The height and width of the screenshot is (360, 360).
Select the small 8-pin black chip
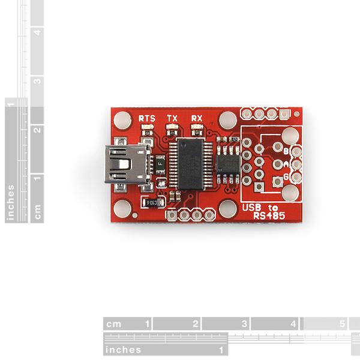click(228, 163)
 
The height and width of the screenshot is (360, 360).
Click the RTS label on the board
click(146, 118)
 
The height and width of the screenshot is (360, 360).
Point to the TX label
click(172, 118)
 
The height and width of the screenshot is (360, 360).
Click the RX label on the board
click(196, 118)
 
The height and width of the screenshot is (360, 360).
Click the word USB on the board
click(250, 207)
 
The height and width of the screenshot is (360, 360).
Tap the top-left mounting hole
click(123, 121)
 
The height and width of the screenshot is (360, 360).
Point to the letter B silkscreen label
click(286, 151)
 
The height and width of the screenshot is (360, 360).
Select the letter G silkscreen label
click(286, 176)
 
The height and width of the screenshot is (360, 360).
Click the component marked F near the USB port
click(160, 162)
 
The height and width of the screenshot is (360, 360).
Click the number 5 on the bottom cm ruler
click(342, 323)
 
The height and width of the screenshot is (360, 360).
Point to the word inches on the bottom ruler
click(124, 349)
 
